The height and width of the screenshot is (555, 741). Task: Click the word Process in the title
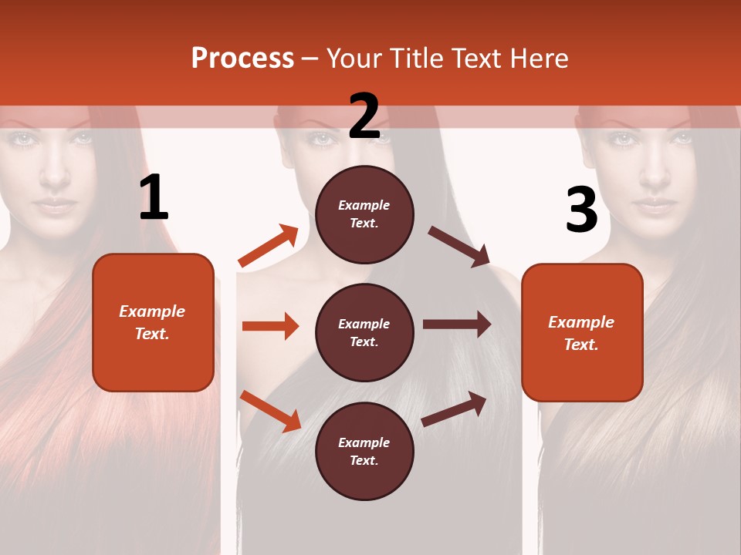(x=242, y=59)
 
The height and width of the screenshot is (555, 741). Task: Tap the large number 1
(x=154, y=198)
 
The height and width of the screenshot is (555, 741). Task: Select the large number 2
(x=364, y=116)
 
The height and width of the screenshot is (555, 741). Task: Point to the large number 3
(x=581, y=210)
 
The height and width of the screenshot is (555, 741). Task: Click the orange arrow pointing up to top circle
(x=269, y=246)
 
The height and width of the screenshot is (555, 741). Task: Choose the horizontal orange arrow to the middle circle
(x=270, y=326)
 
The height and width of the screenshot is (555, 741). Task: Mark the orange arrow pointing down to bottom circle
(x=270, y=410)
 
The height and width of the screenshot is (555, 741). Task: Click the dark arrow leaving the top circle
(x=460, y=247)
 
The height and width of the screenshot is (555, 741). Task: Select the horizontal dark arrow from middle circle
(x=457, y=325)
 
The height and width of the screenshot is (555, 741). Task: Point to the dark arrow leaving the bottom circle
(x=455, y=409)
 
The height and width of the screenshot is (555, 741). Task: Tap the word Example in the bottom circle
(x=364, y=442)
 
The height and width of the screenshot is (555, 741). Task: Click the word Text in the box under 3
(x=581, y=345)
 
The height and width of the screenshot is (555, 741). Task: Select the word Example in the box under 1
(x=152, y=311)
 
